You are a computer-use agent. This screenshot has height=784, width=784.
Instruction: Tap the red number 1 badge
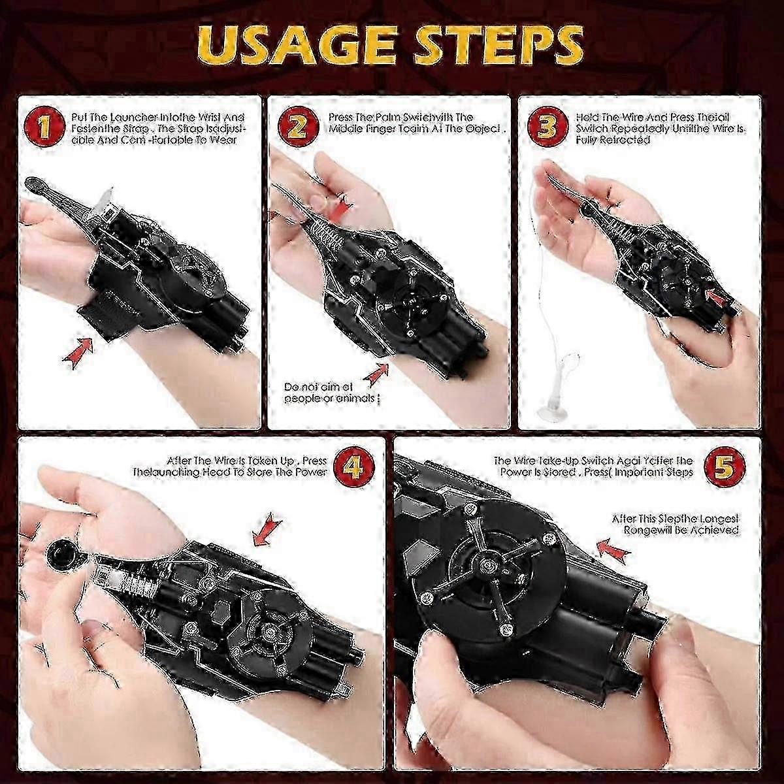click(43, 127)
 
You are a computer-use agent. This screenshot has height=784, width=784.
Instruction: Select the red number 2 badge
click(297, 127)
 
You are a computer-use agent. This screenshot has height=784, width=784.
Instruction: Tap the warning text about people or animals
click(331, 392)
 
